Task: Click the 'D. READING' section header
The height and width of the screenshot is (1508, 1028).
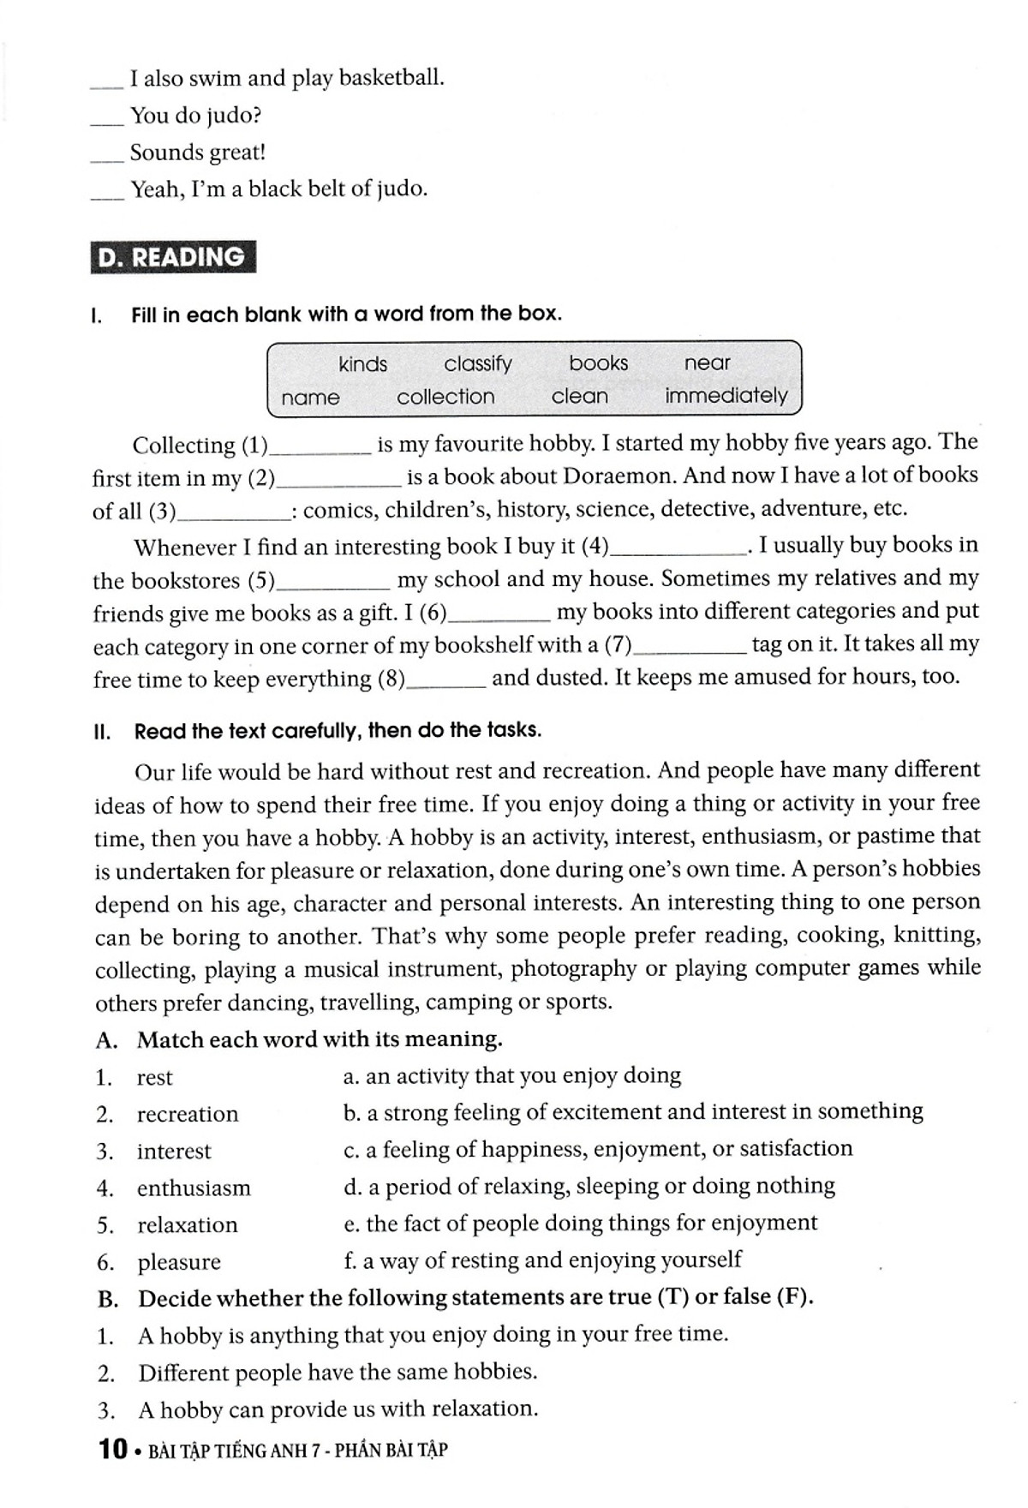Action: (172, 257)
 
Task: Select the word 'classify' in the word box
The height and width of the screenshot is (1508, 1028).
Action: (477, 364)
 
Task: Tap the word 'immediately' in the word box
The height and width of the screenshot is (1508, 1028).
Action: (726, 396)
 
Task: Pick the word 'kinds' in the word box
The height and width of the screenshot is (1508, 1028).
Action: (362, 364)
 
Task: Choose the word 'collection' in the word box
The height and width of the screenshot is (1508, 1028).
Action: (445, 397)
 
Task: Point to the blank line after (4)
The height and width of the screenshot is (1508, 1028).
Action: (678, 550)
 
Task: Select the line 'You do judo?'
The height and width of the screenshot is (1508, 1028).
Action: (195, 116)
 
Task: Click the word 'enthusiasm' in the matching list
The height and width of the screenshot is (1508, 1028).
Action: (194, 1188)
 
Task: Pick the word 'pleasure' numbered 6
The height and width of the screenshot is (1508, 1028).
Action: (179, 1262)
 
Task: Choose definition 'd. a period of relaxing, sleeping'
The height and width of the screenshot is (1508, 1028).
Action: (589, 1186)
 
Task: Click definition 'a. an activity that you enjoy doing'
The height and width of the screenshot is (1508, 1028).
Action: (511, 1076)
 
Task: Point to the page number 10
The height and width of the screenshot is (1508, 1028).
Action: (113, 1450)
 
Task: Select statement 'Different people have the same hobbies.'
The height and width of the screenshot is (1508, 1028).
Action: (338, 1373)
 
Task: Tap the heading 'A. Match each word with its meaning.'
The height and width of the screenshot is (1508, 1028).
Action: (300, 1040)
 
